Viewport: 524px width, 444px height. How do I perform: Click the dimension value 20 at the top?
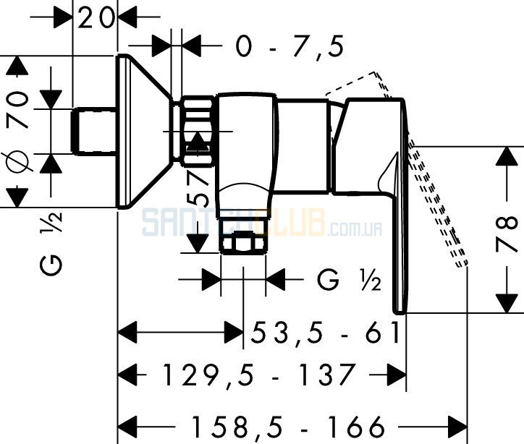(96, 17)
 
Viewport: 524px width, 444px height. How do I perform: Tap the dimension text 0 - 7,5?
(290, 46)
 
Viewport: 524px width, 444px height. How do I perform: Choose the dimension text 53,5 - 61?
(325, 333)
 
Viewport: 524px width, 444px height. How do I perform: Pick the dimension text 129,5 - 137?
(258, 375)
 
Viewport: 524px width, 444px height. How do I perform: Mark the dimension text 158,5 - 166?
(287, 427)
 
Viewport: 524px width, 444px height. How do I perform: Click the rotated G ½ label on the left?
(51, 243)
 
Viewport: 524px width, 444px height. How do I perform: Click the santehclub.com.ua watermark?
(262, 222)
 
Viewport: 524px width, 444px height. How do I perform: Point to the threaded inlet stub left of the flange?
(93, 131)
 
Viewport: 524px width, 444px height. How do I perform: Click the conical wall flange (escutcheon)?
(144, 131)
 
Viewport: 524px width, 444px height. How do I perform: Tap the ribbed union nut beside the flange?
(197, 131)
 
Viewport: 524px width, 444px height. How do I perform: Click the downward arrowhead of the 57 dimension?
(197, 244)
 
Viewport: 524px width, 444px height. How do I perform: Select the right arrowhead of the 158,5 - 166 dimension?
(457, 427)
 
